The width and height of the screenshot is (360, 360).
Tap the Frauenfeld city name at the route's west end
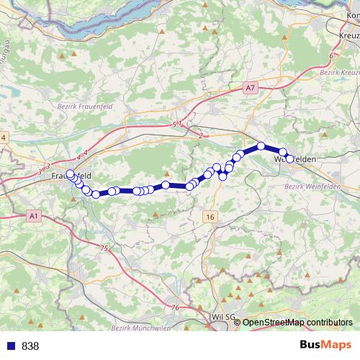(71, 175)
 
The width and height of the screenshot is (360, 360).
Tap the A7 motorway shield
(250, 88)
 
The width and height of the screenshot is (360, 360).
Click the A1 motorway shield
(34, 215)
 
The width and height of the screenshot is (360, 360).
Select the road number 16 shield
(210, 216)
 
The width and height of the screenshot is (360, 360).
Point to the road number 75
(104, 248)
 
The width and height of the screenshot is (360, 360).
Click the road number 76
(175, 307)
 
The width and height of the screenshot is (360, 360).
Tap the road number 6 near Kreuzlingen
(330, 55)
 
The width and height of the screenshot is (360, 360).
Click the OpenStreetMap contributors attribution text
(298, 323)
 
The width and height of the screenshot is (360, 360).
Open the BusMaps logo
(325, 345)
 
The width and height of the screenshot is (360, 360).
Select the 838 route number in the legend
(30, 346)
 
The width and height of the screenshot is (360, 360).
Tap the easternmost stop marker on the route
(289, 159)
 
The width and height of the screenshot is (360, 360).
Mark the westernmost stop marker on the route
(70, 174)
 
